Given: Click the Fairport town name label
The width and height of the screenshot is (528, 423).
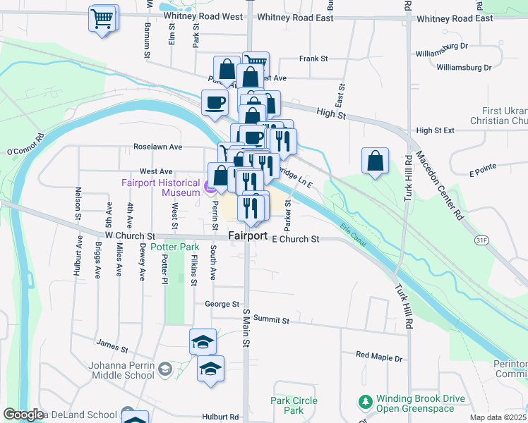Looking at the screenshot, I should (x=248, y=235).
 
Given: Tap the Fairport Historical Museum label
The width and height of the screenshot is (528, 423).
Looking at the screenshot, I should (x=160, y=187).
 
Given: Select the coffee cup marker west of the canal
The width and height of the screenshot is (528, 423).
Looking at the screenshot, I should (x=215, y=103).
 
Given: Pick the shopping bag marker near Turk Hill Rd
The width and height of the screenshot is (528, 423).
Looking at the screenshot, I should (x=376, y=161).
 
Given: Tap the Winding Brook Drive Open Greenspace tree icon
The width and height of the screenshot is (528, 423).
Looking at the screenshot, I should (x=365, y=403).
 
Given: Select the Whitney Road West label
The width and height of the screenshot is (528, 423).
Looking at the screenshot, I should (x=202, y=18).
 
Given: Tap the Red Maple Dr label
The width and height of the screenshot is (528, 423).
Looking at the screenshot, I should (x=378, y=357).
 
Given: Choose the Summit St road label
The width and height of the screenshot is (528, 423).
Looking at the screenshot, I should (x=271, y=320).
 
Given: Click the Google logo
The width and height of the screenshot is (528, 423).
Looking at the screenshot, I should (x=24, y=414).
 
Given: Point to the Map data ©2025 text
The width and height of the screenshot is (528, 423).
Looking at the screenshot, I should (x=498, y=417).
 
